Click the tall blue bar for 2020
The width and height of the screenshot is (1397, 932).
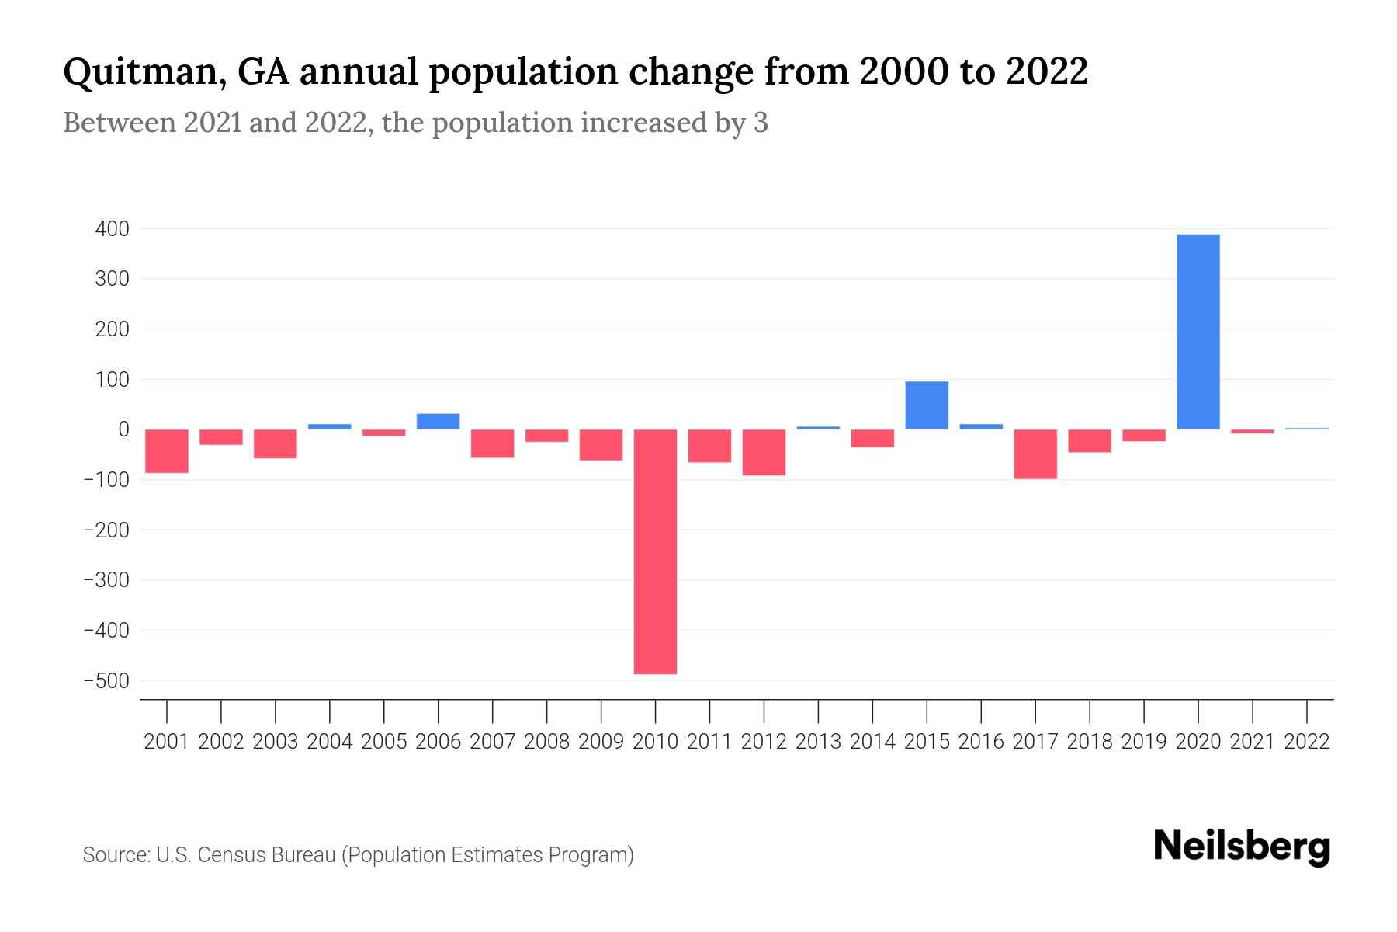(x=1198, y=332)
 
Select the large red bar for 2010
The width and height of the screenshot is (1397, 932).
(x=655, y=551)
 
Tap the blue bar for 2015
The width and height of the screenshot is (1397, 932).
(x=927, y=405)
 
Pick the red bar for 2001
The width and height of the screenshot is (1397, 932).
(x=167, y=450)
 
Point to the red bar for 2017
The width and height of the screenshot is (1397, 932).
(x=1035, y=454)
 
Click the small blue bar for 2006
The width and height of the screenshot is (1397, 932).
(x=438, y=421)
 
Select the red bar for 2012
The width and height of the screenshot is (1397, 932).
(x=764, y=452)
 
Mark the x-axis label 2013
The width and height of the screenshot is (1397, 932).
(x=818, y=742)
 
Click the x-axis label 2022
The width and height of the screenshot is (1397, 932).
(x=1307, y=742)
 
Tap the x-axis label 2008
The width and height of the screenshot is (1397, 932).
(x=546, y=742)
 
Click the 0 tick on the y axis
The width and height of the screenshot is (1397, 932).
(x=123, y=429)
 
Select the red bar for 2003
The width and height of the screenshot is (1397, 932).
(x=276, y=443)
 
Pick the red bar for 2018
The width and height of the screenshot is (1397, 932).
(x=1089, y=440)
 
